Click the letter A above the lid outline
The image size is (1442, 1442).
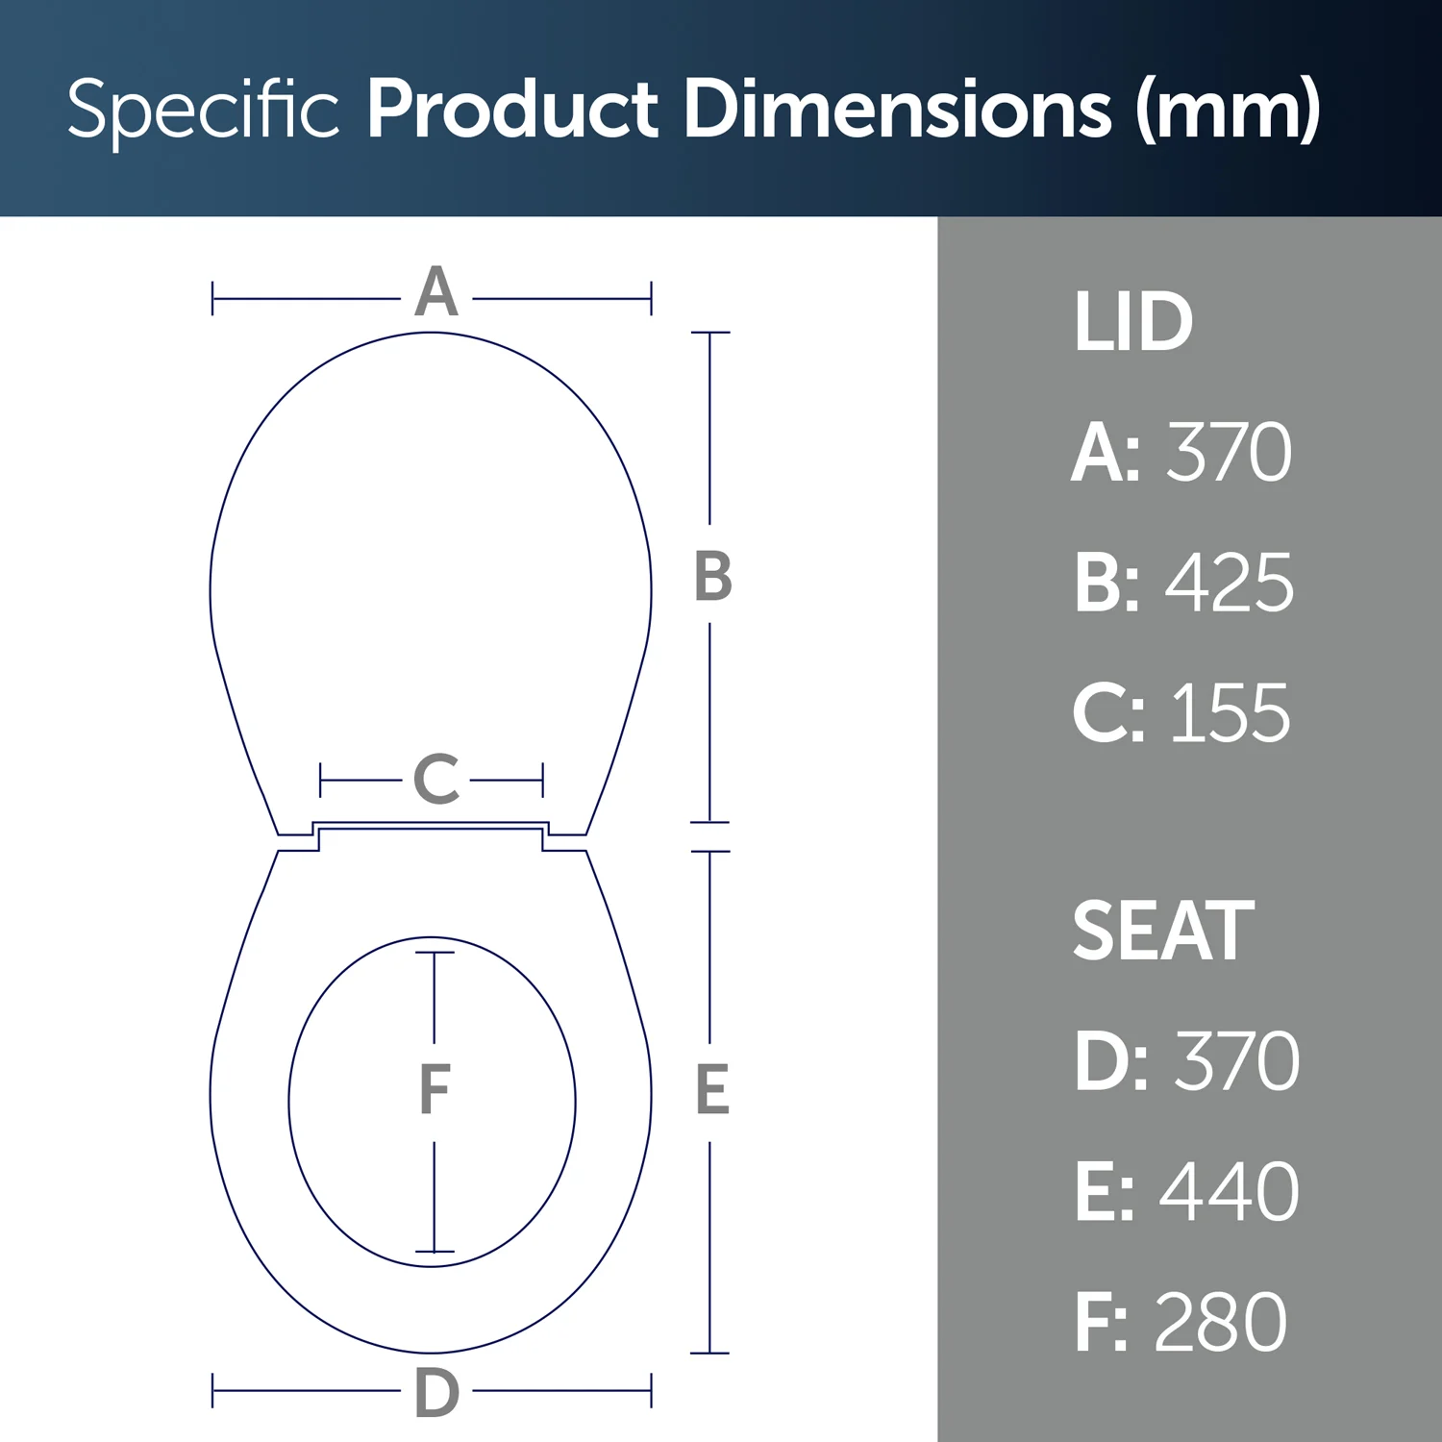point(436,292)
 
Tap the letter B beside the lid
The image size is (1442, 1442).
point(713,578)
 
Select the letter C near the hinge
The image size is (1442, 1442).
point(436,780)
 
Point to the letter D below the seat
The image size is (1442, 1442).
point(436,1393)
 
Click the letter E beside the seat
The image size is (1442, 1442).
point(712,1090)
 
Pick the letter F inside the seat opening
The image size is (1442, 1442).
point(435,1090)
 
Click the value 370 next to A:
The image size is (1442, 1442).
point(1229,453)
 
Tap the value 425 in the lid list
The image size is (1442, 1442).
point(1230,584)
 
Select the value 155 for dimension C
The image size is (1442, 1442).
point(1230,714)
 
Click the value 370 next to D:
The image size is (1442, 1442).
point(1236,1061)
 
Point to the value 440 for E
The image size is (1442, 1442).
point(1230,1192)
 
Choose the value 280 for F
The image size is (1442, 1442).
point(1220,1323)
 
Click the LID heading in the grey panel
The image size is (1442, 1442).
point(1132,322)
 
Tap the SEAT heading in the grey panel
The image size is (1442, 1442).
point(1163,931)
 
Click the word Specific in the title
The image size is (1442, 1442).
point(203,110)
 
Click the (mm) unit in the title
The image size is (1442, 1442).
point(1228,110)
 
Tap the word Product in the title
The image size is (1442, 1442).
point(512,108)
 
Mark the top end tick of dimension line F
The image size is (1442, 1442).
point(435,953)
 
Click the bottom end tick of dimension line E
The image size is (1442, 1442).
point(709,1353)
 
